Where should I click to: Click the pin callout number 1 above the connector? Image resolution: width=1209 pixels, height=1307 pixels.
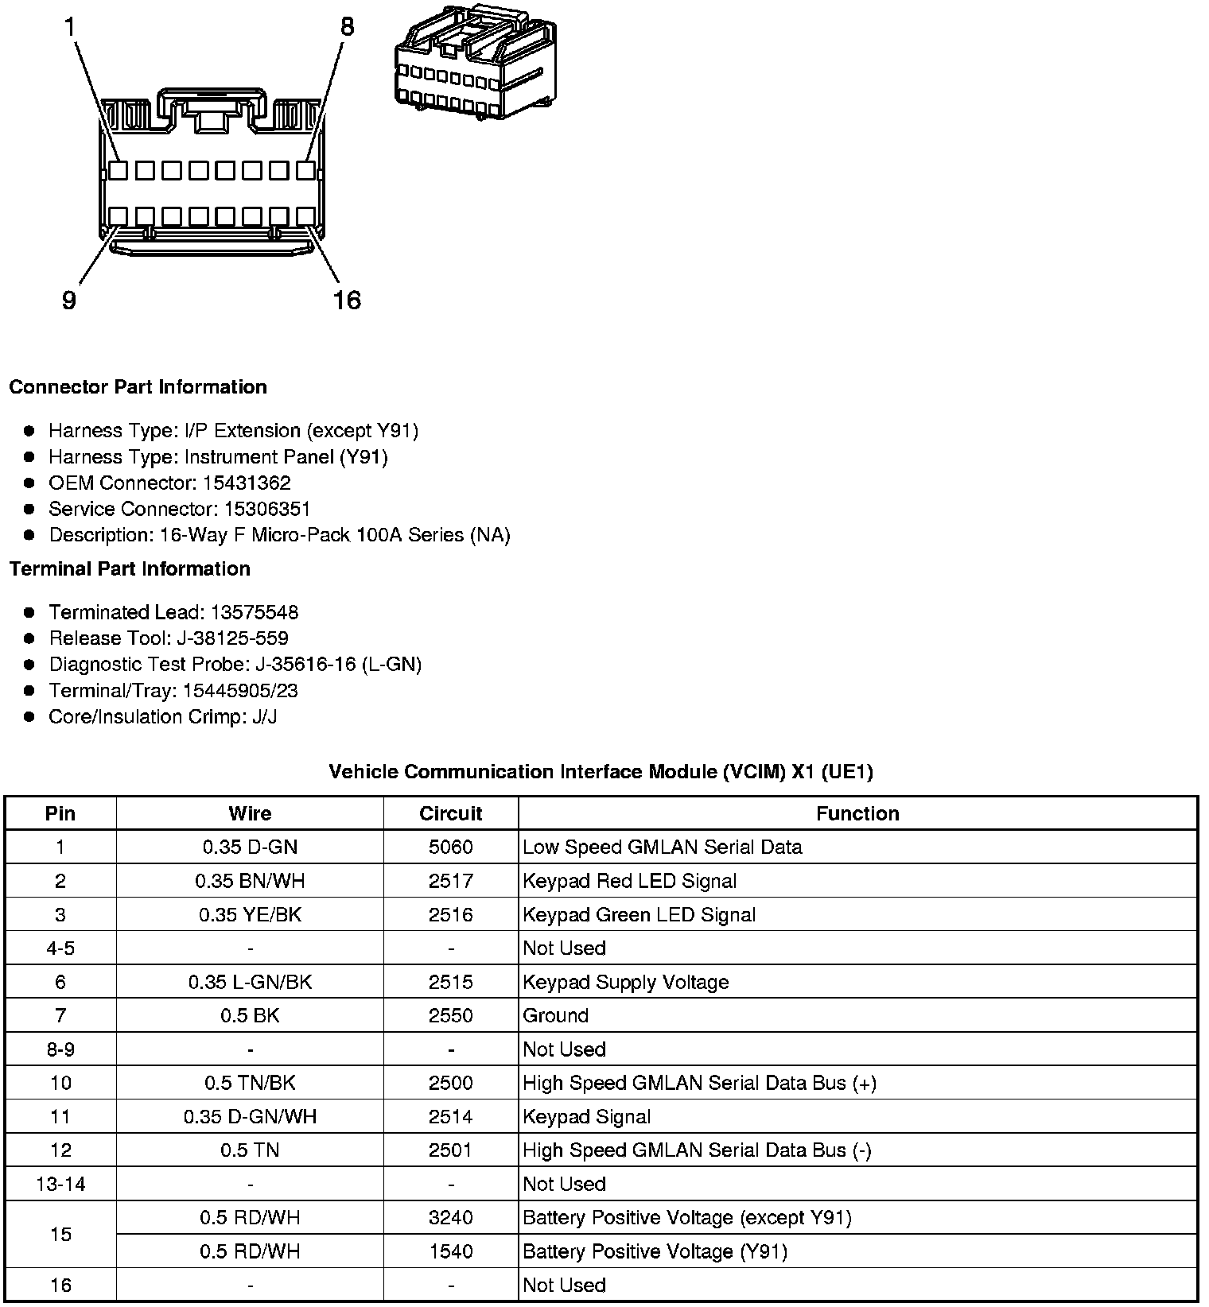[x=70, y=28]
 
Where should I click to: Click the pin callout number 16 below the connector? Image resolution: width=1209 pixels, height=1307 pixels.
[x=347, y=301]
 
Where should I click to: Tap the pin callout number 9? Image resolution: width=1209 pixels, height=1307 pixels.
[x=69, y=301]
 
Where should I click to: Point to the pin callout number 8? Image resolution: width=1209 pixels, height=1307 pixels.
[x=347, y=27]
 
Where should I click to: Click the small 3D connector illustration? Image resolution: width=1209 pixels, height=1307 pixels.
[x=475, y=62]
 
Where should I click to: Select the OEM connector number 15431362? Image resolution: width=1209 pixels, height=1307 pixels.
[x=247, y=483]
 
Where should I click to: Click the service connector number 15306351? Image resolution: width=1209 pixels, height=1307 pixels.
[x=266, y=510]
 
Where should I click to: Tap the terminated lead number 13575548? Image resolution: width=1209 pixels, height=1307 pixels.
[x=255, y=613]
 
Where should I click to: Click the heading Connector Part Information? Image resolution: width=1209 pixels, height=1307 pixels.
[x=138, y=387]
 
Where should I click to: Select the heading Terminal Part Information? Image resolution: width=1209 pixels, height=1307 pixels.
[x=130, y=569]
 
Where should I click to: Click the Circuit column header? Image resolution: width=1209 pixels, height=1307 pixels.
[x=450, y=814]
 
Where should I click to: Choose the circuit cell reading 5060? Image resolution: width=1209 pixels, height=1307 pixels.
[x=450, y=847]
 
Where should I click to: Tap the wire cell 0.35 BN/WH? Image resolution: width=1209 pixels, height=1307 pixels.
[x=250, y=882]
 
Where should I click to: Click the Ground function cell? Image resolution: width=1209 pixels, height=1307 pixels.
[x=555, y=1016]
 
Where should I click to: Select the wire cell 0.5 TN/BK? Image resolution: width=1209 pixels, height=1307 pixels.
[x=250, y=1084]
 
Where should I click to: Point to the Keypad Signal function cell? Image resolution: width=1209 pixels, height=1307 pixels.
[x=586, y=1118]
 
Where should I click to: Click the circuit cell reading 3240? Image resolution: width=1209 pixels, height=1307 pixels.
[x=450, y=1218]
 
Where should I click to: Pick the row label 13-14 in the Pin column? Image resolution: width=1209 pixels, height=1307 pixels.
[x=60, y=1185]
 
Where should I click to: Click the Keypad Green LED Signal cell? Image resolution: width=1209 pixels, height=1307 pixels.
[x=639, y=915]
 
